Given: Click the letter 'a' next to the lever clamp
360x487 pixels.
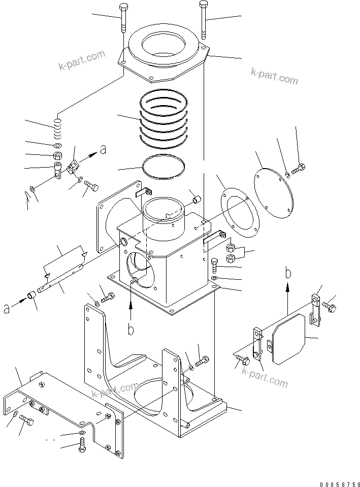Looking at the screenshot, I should coord(103,149).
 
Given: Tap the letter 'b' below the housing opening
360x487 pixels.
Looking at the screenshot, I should coord(130,330).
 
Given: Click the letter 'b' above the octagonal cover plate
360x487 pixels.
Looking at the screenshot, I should coord(288,273).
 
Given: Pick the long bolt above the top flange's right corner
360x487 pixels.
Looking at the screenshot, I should coord(203,19).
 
